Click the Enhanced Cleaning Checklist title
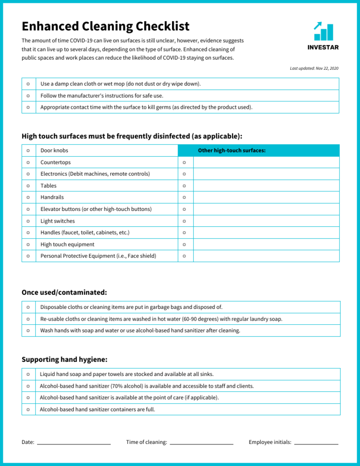click(x=105, y=26)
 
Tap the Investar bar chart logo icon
click(x=323, y=31)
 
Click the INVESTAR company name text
click(x=323, y=47)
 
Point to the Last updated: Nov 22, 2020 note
click(x=314, y=68)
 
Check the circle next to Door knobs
click(x=29, y=150)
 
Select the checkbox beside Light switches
click(x=29, y=221)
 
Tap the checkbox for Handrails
click(x=29, y=197)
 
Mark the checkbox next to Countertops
click(x=29, y=162)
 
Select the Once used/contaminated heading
click(x=65, y=293)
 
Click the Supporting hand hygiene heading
click(x=65, y=360)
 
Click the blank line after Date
click(x=74, y=442)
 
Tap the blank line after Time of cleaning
click(x=202, y=442)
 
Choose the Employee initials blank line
click(x=316, y=442)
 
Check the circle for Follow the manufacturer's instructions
click(x=29, y=96)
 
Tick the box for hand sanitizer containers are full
click(x=29, y=409)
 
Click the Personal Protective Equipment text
click(x=98, y=256)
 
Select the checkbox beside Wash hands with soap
click(x=29, y=331)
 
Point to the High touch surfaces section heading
click(x=132, y=136)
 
